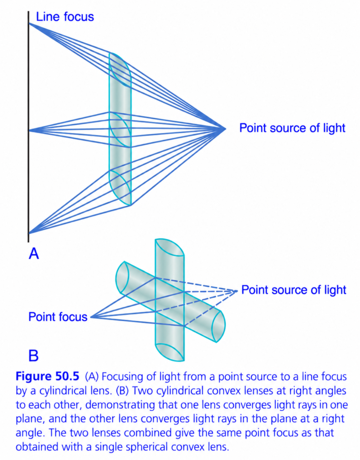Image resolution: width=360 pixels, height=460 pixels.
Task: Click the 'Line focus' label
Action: (65, 17)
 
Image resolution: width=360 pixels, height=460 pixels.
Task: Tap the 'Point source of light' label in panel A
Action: (292, 128)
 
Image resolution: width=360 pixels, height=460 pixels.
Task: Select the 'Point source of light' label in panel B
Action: (293, 290)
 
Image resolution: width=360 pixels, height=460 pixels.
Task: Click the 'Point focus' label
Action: (58, 317)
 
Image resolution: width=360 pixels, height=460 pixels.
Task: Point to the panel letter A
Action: (34, 253)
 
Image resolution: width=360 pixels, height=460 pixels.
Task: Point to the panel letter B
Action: (33, 355)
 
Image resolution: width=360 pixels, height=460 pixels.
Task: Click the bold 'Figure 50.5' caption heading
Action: (47, 376)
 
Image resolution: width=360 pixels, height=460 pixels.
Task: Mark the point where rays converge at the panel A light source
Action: (225, 128)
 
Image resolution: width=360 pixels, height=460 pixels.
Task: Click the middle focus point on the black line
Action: (29, 130)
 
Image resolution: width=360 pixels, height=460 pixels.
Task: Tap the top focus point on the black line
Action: (29, 23)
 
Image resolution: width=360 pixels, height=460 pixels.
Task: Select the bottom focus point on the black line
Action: (29, 233)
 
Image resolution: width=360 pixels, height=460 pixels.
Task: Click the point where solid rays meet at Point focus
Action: (91, 317)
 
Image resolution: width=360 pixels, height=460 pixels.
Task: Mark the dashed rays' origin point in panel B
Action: (236, 291)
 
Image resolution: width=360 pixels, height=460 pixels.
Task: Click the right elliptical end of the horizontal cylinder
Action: (218, 326)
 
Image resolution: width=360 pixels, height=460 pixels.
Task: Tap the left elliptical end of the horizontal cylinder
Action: (122, 277)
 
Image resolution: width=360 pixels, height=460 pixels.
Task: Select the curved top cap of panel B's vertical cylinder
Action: (169, 248)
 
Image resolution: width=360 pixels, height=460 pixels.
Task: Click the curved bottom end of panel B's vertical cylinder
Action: (169, 352)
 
